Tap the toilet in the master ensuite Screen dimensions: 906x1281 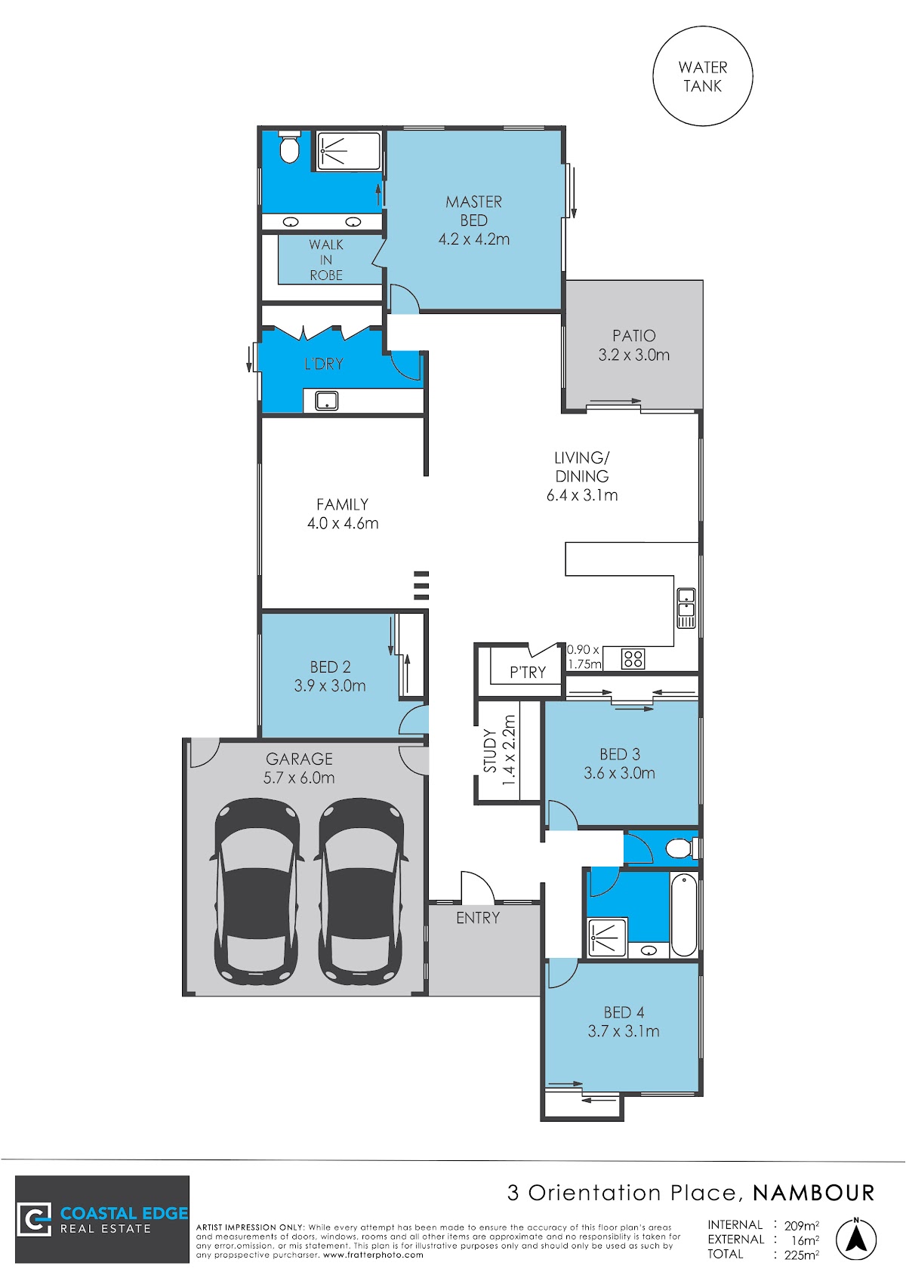click(x=290, y=147)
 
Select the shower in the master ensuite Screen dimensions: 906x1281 click(x=349, y=152)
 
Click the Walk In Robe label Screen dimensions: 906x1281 click(x=326, y=260)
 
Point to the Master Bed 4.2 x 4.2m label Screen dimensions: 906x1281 click(x=474, y=220)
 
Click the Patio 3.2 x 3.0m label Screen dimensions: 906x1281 click(x=633, y=345)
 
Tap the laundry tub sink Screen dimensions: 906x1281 click(x=327, y=400)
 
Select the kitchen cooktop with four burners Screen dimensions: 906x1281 click(x=633, y=659)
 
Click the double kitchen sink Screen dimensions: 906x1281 click(x=686, y=608)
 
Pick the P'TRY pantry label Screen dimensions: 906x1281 click(x=527, y=672)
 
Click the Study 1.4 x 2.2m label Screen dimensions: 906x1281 click(x=499, y=750)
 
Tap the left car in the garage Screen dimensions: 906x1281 click(x=256, y=891)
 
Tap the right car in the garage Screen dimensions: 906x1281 click(x=362, y=891)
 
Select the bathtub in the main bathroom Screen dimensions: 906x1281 click(x=683, y=914)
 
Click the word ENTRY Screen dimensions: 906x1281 click(x=478, y=918)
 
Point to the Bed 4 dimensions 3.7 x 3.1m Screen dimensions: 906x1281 click(x=624, y=1031)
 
